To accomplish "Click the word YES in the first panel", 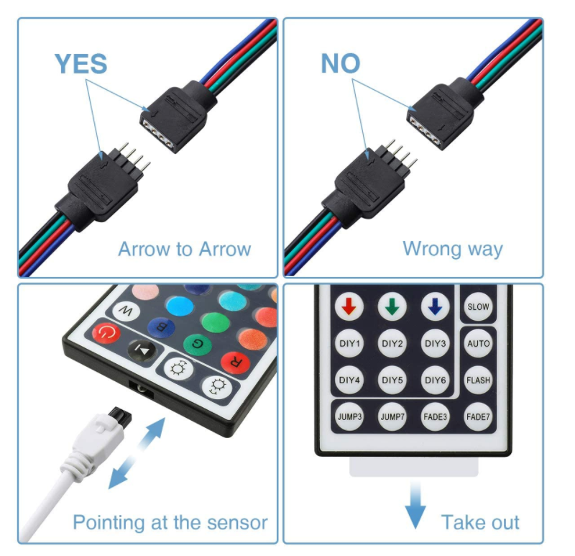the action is tap(80, 64).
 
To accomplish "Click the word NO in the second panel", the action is tap(340, 63).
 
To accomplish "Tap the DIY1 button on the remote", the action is tap(349, 344).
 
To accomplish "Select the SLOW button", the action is tap(478, 307).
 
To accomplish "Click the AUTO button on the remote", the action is tap(478, 344).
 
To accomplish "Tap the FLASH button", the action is tap(478, 380).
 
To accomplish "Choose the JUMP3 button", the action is tap(349, 416).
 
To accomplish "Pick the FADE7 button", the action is tap(478, 416).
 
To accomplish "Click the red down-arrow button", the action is tap(349, 307).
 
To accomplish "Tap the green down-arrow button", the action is tap(392, 307).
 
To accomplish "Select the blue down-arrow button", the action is tap(436, 307).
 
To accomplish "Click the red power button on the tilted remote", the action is tap(106, 333).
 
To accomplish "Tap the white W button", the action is tap(126, 311).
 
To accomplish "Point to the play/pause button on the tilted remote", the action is tap(141, 350).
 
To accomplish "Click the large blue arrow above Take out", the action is tap(415, 506).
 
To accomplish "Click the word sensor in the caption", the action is tap(237, 523).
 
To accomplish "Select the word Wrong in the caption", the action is tap(428, 249).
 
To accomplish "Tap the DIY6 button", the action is tap(436, 380).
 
